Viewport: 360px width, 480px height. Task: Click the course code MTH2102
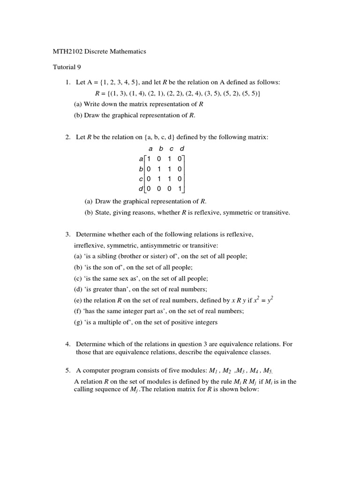pyautogui.click(x=67, y=52)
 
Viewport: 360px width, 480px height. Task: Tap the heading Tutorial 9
pyautogui.click(x=67, y=67)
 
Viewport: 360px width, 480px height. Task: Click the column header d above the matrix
pyautogui.click(x=182, y=149)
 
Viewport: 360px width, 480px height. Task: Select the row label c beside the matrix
pyautogui.click(x=141, y=179)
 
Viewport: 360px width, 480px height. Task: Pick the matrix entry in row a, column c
pyautogui.click(x=170, y=159)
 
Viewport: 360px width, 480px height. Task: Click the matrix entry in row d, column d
pyautogui.click(x=180, y=189)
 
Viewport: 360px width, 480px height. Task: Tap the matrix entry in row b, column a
pyautogui.click(x=149, y=169)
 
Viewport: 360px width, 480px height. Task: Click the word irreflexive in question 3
pyautogui.click(x=89, y=246)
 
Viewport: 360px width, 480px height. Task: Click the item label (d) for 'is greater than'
pyautogui.click(x=78, y=290)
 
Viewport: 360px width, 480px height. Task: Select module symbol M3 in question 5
pyautogui.click(x=240, y=371)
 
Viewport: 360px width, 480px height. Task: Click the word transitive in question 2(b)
pyautogui.click(x=275, y=213)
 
